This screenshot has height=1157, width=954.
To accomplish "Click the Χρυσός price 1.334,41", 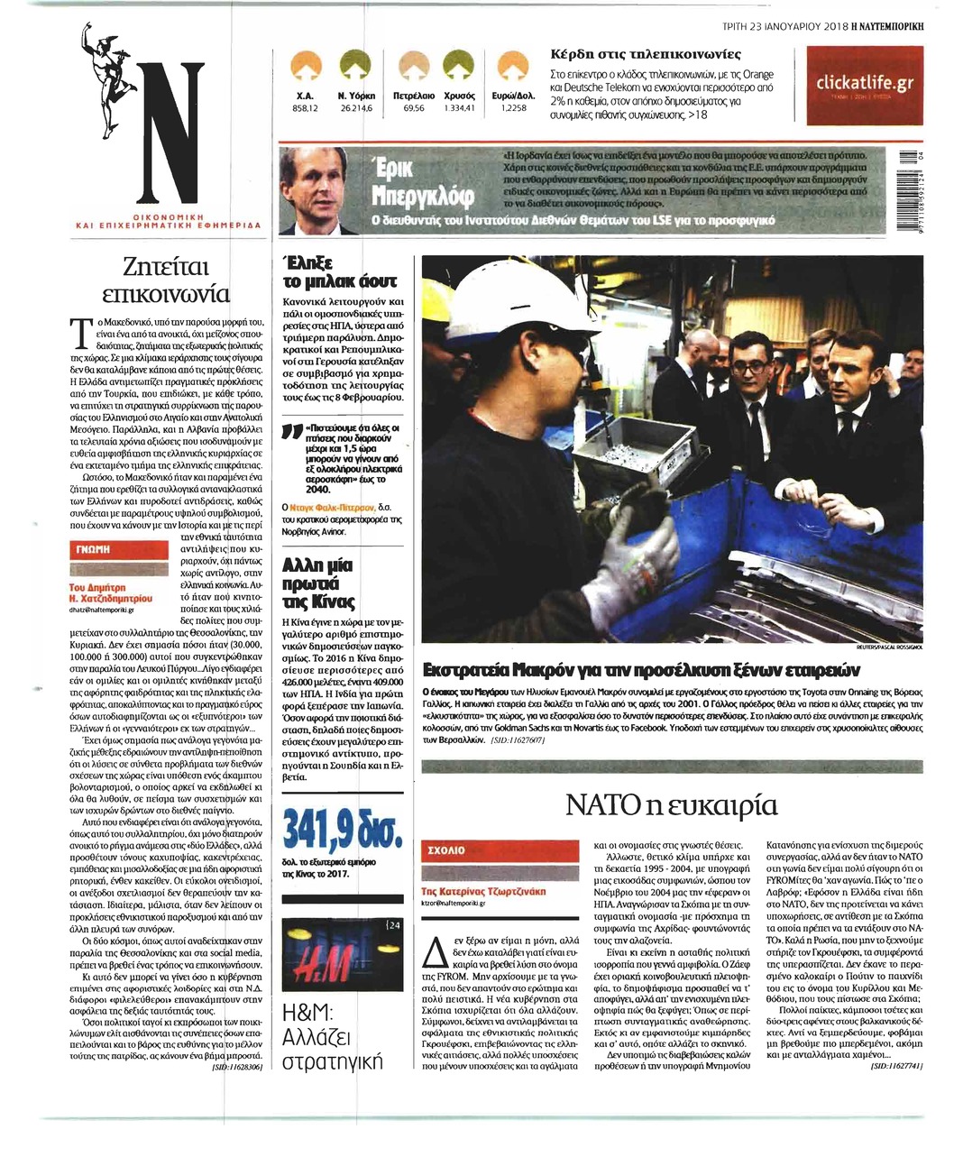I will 460,107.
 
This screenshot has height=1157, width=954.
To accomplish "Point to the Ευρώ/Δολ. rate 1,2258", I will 513,107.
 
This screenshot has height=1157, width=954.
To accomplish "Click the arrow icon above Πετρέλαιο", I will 414,65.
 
